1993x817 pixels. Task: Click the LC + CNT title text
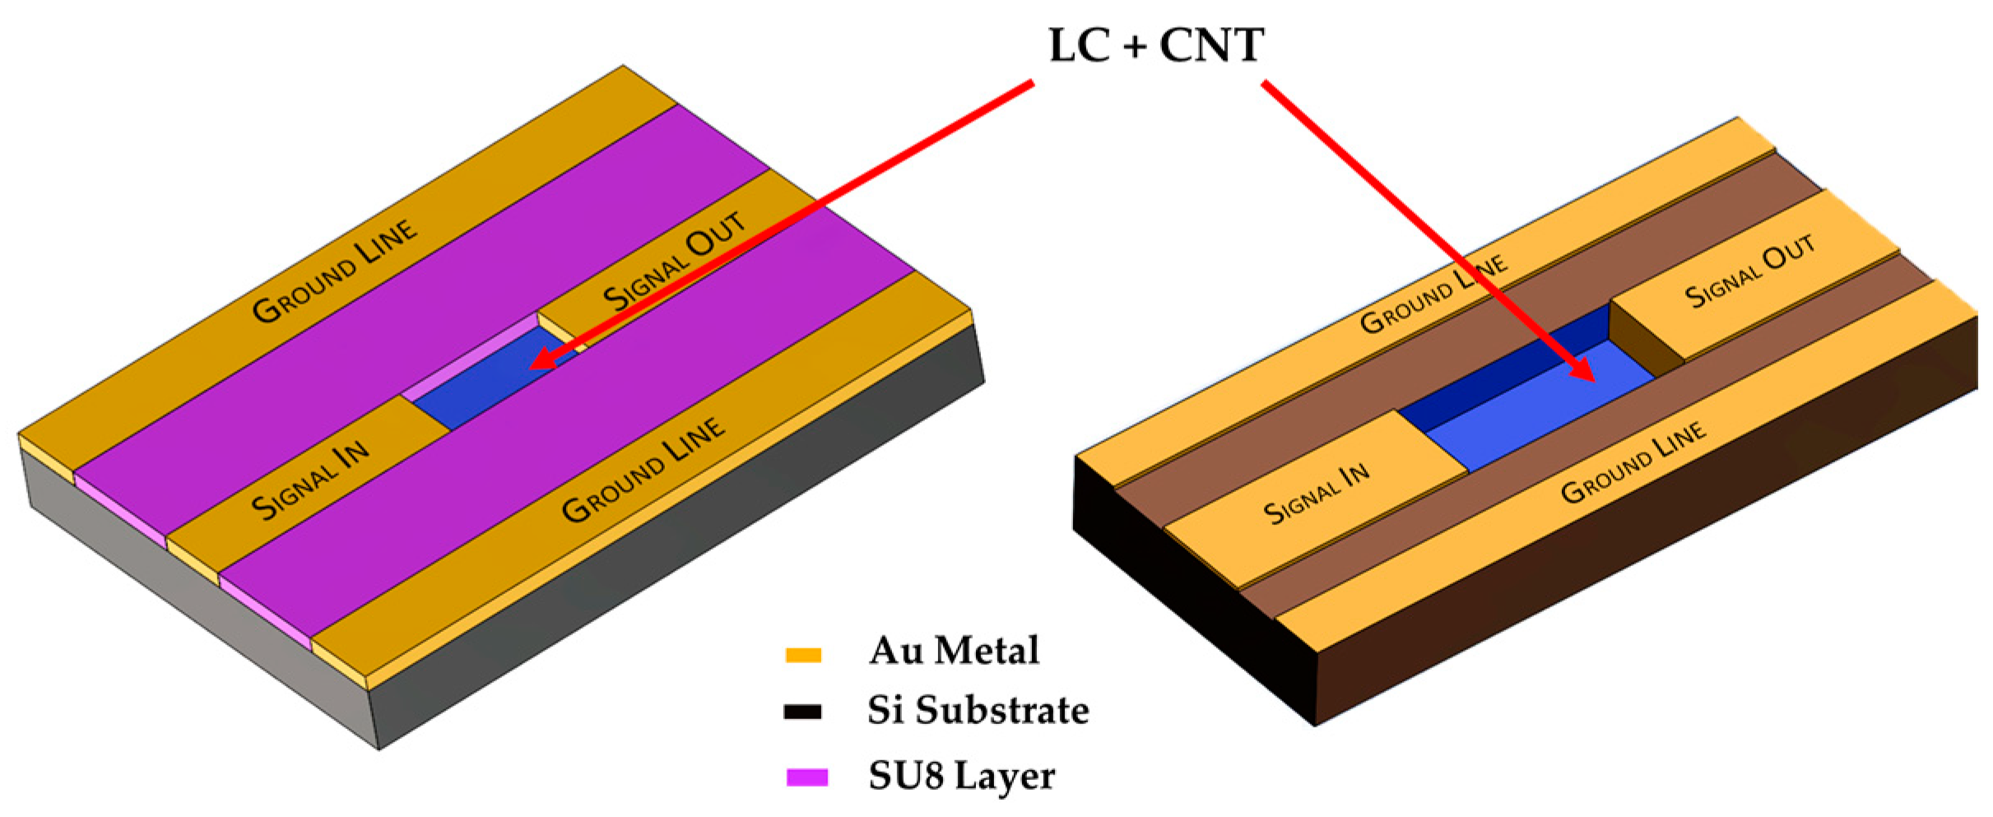(x=1155, y=45)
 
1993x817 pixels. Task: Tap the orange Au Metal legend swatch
(x=803, y=655)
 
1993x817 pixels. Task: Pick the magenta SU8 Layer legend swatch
(x=806, y=777)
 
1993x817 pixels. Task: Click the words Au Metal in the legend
(x=953, y=651)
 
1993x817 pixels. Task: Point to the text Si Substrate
(x=978, y=710)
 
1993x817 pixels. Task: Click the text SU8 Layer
(x=961, y=776)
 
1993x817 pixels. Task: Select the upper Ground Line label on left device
(x=335, y=272)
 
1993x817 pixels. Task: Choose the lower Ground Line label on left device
(x=643, y=470)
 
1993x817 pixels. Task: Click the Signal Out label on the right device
(x=1750, y=272)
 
